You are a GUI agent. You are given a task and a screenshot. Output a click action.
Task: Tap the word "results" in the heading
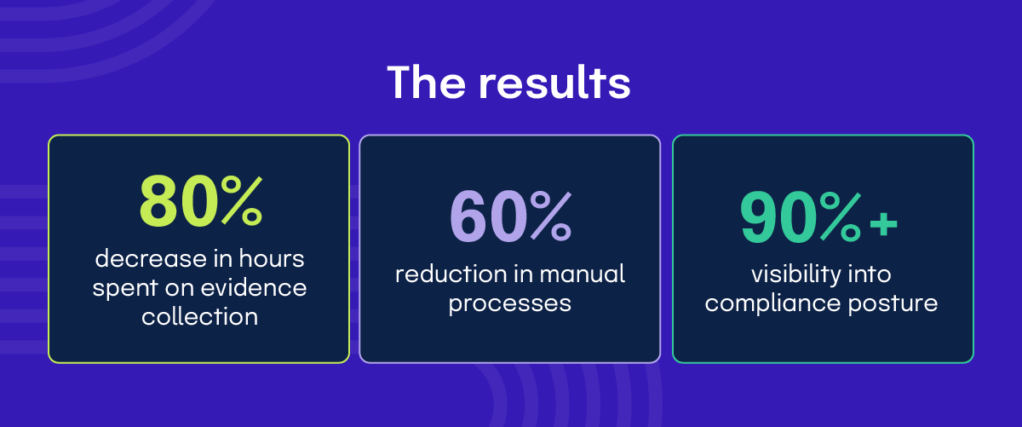coord(554,83)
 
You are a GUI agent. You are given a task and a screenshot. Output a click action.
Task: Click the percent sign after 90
coord(838,217)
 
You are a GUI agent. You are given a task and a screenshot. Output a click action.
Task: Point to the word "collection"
coord(199,317)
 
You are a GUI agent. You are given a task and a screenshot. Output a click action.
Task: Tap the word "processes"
coord(510,303)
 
